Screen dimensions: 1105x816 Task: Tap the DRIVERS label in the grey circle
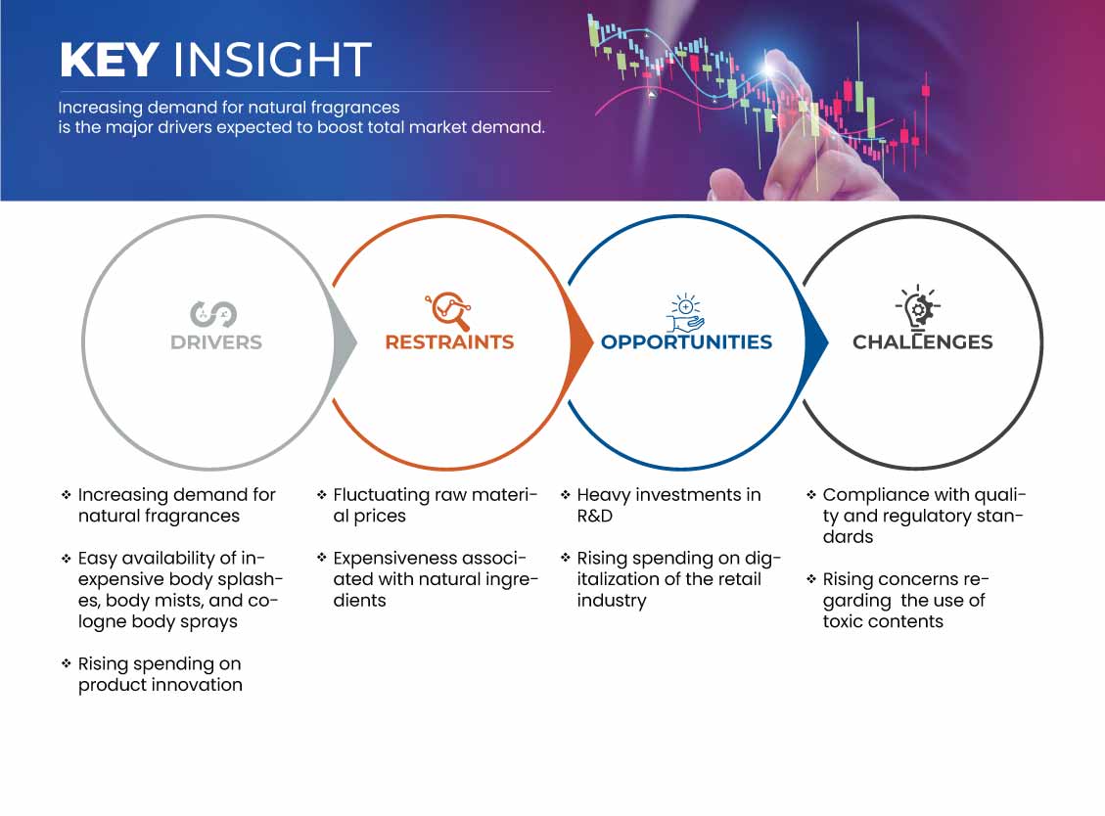click(x=216, y=342)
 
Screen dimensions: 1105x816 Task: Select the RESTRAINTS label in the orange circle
click(x=449, y=342)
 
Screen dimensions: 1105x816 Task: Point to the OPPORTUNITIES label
click(x=686, y=342)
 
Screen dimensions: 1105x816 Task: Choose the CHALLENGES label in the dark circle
click(x=923, y=342)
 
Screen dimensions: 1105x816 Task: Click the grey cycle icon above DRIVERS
click(x=212, y=314)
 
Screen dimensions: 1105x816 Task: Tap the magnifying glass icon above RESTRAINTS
click(x=448, y=311)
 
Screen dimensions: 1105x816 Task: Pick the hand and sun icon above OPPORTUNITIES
click(x=686, y=313)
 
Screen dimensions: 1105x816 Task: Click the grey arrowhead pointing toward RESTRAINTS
click(x=345, y=342)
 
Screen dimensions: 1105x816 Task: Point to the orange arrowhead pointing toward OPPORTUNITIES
click(x=580, y=342)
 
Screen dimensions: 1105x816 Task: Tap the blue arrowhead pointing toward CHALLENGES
click(x=816, y=342)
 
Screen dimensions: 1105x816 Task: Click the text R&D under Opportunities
click(x=595, y=516)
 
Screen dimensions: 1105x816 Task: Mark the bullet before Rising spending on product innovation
click(x=67, y=663)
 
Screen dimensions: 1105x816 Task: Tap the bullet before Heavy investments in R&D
click(x=565, y=495)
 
